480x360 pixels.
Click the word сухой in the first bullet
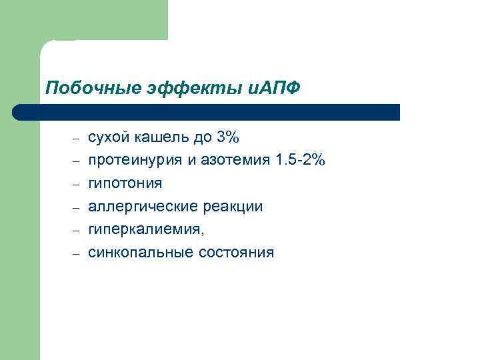click(107, 138)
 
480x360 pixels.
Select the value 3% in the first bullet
click(227, 138)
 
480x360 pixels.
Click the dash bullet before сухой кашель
click(76, 139)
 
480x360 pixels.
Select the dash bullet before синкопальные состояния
click(76, 253)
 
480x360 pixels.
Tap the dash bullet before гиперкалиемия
click(76, 230)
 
